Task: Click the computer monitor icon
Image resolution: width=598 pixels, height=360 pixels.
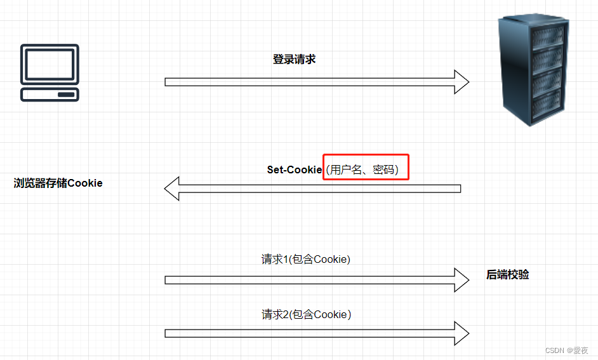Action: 50,65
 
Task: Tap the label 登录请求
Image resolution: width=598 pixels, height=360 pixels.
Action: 294,60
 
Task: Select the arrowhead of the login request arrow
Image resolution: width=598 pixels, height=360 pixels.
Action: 461,82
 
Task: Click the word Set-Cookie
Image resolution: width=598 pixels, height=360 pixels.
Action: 295,170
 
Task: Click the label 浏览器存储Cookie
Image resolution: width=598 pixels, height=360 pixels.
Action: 58,183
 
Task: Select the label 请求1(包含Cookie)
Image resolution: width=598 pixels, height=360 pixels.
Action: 306,259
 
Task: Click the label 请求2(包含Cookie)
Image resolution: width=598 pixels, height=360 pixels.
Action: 306,314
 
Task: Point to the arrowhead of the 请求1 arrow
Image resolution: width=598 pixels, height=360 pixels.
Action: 461,279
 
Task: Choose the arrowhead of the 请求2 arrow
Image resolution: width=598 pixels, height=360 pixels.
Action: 461,333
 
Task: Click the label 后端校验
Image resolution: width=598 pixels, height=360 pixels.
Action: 508,275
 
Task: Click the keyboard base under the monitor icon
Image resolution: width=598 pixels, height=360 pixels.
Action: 50,95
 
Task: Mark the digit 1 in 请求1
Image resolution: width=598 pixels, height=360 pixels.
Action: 286,259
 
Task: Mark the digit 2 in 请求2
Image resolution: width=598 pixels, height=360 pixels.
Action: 286,314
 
